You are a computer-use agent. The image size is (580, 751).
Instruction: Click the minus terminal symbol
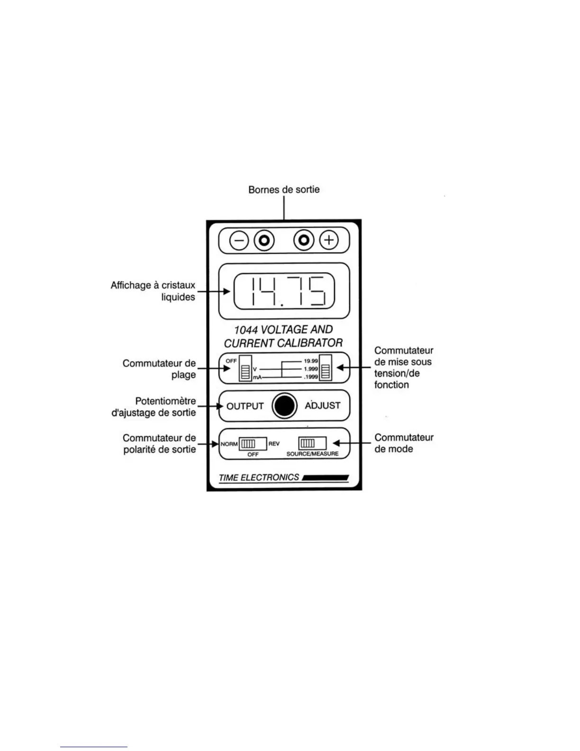(239, 241)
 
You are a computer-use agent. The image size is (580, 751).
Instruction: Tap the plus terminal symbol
(329, 240)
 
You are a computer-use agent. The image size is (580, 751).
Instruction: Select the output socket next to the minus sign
(264, 241)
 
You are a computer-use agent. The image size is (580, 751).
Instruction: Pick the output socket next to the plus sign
(304, 240)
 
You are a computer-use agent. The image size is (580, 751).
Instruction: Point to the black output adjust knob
(284, 406)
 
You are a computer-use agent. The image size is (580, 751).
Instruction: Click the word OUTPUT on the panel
(245, 406)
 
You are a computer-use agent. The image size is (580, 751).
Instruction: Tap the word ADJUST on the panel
(323, 406)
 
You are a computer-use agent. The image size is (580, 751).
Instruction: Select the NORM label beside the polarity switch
(229, 444)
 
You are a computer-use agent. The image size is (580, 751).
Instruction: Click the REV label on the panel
(274, 444)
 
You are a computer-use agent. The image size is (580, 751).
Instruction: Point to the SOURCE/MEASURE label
(312, 454)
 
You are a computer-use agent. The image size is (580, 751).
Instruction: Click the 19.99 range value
(311, 361)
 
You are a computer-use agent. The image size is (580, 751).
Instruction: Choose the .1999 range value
(311, 377)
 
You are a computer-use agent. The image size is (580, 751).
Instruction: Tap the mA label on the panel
(257, 377)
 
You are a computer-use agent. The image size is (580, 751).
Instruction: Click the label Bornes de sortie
(284, 190)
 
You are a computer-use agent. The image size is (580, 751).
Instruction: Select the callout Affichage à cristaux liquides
(153, 291)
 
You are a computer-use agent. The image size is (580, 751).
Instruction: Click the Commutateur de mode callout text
(404, 443)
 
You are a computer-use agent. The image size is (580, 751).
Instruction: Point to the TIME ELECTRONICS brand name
(259, 477)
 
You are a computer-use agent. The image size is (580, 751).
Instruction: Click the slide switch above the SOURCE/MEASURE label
(312, 443)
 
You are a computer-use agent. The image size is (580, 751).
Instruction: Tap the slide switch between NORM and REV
(252, 444)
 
